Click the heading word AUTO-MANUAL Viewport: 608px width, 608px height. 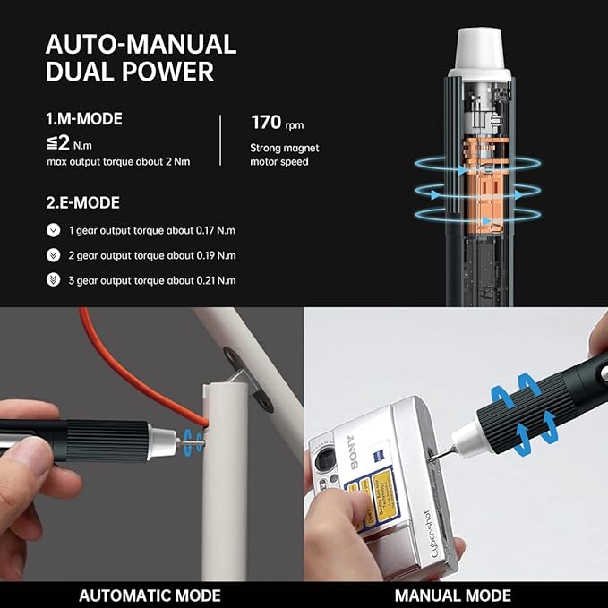[141, 45]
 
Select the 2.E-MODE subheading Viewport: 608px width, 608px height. [82, 203]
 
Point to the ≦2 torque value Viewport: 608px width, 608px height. [59, 142]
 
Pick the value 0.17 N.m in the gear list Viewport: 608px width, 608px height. [215, 230]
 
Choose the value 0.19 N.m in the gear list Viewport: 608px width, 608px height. [215, 255]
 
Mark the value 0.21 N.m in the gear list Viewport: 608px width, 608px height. [215, 280]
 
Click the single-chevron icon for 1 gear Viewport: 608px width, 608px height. [53, 230]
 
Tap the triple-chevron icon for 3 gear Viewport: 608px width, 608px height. [53, 280]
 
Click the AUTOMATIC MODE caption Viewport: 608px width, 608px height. [150, 595]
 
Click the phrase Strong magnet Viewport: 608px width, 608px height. [285, 148]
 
